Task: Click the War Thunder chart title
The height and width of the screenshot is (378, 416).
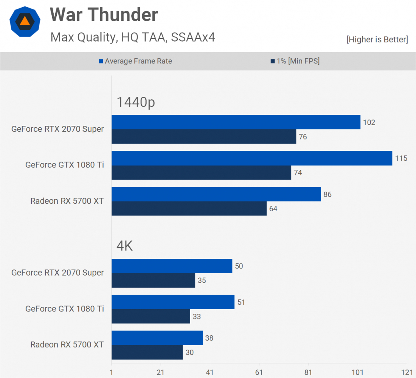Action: pyautogui.click(x=104, y=15)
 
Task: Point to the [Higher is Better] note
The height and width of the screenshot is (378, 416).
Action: pyautogui.click(x=377, y=39)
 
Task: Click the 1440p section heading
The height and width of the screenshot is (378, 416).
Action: pyautogui.click(x=136, y=102)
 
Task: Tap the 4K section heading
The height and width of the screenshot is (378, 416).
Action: pyautogui.click(x=124, y=246)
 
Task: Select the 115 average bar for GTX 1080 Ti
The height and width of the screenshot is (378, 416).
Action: pyautogui.click(x=252, y=158)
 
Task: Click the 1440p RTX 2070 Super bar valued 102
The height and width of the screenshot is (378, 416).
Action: pyautogui.click(x=236, y=122)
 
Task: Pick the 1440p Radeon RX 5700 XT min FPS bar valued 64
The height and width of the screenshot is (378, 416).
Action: pyautogui.click(x=189, y=208)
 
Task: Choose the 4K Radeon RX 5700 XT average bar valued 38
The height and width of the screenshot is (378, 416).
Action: pyautogui.click(x=157, y=338)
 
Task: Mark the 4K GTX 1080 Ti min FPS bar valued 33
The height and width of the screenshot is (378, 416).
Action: pyautogui.click(x=151, y=316)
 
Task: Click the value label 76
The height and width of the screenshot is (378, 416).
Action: pyautogui.click(x=303, y=137)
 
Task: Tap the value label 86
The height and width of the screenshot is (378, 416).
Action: pyautogui.click(x=327, y=194)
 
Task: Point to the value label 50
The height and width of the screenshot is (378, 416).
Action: pyautogui.click(x=239, y=266)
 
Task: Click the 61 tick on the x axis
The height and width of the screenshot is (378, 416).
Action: pyautogui.click(x=259, y=373)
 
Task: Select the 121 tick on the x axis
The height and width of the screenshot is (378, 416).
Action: pyautogui.click(x=407, y=373)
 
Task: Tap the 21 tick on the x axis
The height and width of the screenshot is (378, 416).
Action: pyautogui.click(x=161, y=373)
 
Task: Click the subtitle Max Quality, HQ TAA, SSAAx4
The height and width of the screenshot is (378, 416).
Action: pyautogui.click(x=133, y=37)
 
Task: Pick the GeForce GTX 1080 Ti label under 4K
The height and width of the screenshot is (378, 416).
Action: pyautogui.click(x=64, y=309)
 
